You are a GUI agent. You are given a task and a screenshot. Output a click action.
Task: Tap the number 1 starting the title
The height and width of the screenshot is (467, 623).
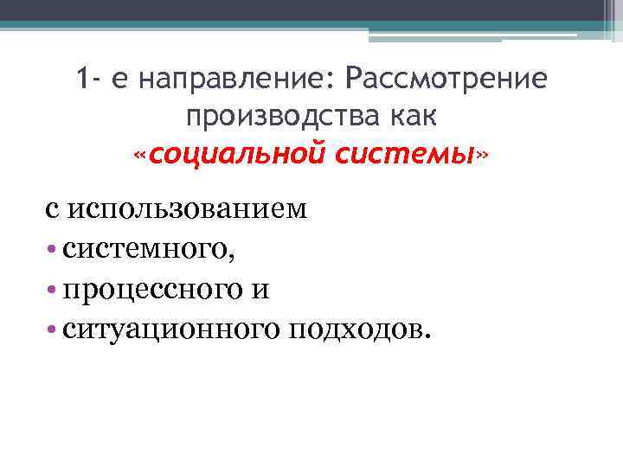(x=81, y=80)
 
